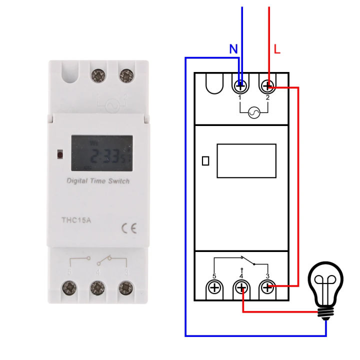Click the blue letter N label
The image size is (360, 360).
[x=233, y=49]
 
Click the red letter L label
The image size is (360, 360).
[x=277, y=49]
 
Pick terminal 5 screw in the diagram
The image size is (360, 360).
[x=215, y=288]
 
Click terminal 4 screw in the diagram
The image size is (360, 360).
[x=242, y=288]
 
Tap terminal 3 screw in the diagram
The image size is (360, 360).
[x=268, y=288]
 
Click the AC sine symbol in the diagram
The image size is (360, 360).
[x=254, y=113]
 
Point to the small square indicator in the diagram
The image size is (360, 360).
[x=205, y=161]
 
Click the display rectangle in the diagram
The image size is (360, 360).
[x=246, y=160]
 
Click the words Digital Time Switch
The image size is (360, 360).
[x=98, y=181]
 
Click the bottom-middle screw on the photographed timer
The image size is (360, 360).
[x=97, y=288]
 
